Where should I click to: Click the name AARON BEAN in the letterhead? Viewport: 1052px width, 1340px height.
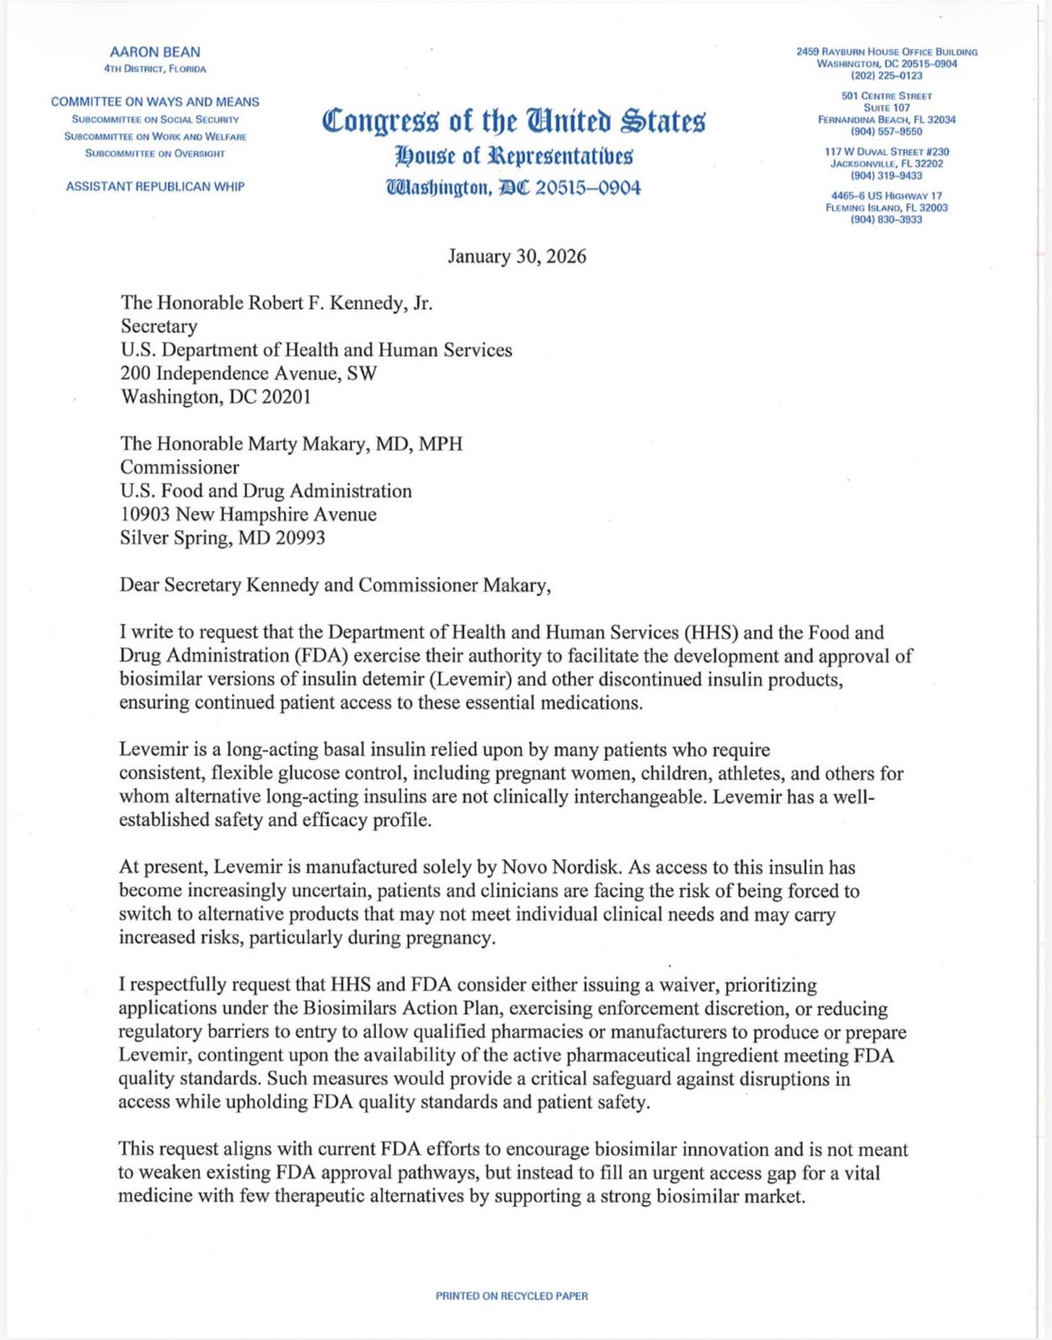[x=155, y=52]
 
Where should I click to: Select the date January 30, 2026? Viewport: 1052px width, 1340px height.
[x=516, y=256]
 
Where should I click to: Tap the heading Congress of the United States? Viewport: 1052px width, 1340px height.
[x=514, y=121]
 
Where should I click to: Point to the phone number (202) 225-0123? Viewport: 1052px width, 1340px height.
[x=886, y=75]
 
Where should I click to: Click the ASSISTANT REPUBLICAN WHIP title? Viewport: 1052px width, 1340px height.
[x=156, y=186]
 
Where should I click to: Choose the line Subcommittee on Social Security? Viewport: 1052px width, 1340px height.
[x=156, y=120]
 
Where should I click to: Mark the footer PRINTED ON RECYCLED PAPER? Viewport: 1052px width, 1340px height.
[x=511, y=1296]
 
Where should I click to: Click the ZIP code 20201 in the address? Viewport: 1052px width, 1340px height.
[x=286, y=397]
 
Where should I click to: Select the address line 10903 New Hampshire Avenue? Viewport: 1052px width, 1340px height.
[x=249, y=514]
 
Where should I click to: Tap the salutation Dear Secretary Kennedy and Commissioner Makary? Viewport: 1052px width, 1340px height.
[x=336, y=585]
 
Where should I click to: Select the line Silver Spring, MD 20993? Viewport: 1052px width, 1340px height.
[x=223, y=538]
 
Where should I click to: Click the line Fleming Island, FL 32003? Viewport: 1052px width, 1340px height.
[x=886, y=208]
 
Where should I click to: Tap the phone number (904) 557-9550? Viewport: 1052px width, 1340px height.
[x=886, y=131]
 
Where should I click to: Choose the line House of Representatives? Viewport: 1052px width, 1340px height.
[x=514, y=156]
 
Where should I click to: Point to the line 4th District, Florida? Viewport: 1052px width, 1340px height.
[x=155, y=69]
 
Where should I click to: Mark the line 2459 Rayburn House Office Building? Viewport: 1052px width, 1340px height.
[x=886, y=52]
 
